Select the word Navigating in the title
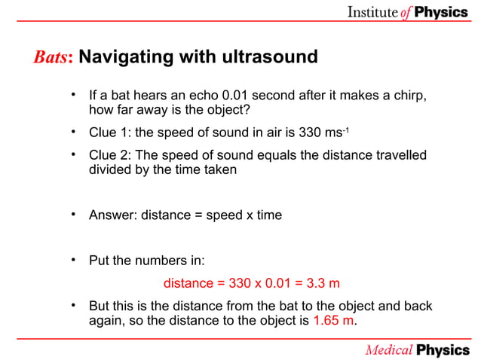coord(121,57)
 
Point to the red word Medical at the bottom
coord(389,349)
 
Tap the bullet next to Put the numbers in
coord(73,261)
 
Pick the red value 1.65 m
coord(332,321)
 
